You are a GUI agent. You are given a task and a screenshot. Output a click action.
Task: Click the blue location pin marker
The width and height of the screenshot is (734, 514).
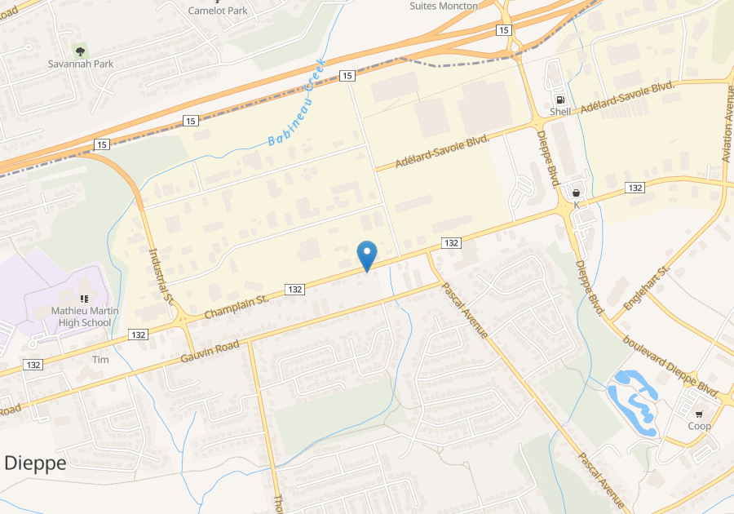(367, 255)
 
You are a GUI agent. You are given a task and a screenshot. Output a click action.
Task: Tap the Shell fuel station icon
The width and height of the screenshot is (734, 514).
(560, 99)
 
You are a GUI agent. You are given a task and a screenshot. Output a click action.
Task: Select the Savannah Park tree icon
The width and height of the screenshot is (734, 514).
(80, 51)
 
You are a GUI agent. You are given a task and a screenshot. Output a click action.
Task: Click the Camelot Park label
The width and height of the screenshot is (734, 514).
(218, 11)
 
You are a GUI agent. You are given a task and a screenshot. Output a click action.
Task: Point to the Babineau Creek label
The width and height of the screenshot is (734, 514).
(297, 103)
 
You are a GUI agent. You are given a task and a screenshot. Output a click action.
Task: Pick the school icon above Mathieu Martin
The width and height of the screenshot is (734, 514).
(84, 299)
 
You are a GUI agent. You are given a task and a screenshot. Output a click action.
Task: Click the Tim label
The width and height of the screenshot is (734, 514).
(100, 360)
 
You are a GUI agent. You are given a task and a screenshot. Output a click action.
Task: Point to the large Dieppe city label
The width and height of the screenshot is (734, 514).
(35, 463)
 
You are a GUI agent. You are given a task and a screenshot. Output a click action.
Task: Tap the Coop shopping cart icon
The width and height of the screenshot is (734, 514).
(699, 414)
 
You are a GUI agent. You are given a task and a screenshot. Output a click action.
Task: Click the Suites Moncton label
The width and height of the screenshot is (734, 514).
(444, 6)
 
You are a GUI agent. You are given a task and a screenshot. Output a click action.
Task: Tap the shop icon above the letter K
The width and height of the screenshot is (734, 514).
(577, 193)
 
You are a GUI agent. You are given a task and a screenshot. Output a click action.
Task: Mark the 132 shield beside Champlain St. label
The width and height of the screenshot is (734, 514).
(295, 290)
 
